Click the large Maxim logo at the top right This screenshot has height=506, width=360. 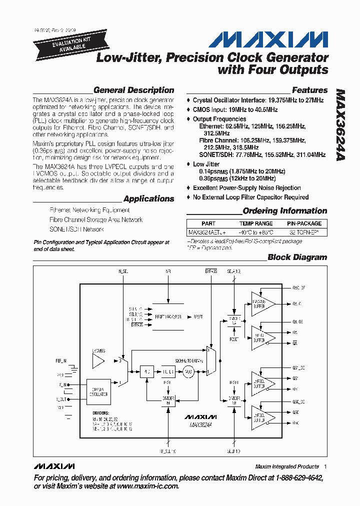click(x=268, y=39)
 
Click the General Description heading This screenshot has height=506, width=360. click(x=133, y=90)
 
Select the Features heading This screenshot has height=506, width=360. click(x=309, y=90)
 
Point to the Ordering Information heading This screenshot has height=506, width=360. click(x=284, y=211)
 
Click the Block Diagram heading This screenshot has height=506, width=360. click(x=297, y=257)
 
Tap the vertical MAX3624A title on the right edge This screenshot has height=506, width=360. click(x=340, y=125)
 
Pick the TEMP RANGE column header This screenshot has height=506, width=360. click(x=256, y=223)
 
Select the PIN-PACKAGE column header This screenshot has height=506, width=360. click(x=304, y=223)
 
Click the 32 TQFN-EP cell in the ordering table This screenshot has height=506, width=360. click(x=304, y=232)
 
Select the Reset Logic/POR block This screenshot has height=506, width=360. click(x=171, y=316)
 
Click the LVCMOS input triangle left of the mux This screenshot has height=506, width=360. click(x=98, y=360)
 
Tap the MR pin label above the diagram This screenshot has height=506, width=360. click(x=168, y=272)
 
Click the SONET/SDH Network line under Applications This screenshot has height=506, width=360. click(x=76, y=229)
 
